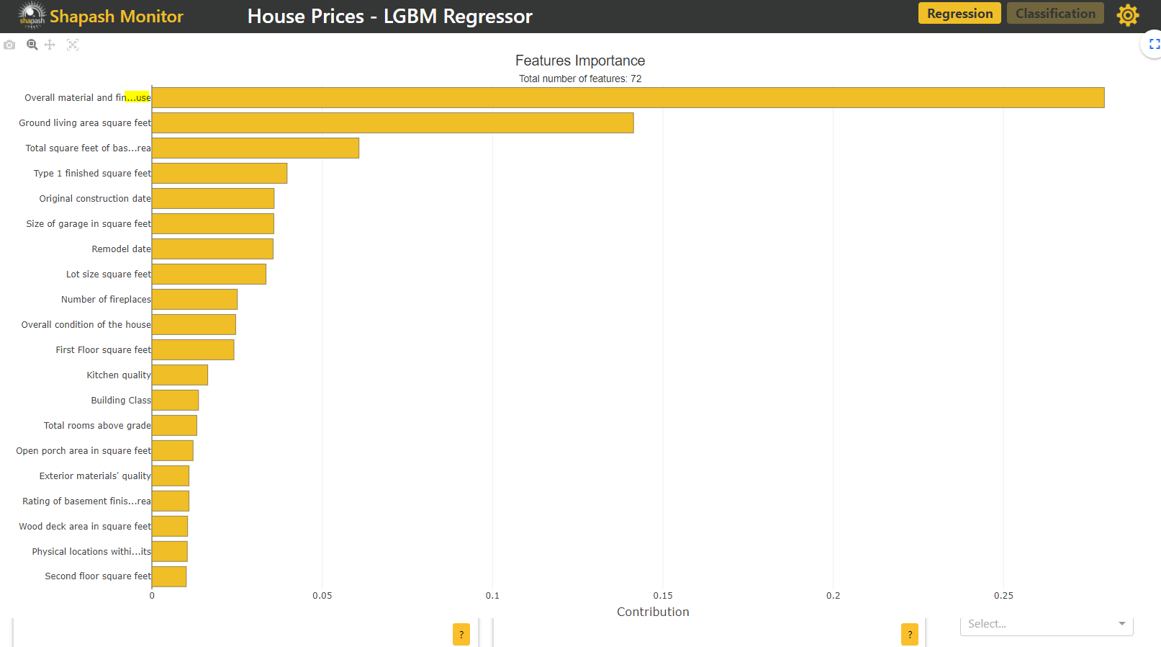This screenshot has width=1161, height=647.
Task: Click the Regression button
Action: pos(959,14)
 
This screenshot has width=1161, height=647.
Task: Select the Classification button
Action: pos(1055,14)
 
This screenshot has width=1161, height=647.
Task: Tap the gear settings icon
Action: pos(1128,15)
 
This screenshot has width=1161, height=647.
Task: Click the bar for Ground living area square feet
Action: pos(392,123)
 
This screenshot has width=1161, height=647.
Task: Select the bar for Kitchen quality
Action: pos(180,375)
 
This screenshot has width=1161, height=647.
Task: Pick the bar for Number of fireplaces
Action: pos(194,300)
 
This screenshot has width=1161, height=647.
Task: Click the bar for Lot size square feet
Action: pos(209,275)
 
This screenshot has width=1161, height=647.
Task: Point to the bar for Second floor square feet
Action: pos(169,576)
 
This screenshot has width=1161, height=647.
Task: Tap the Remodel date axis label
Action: pos(121,249)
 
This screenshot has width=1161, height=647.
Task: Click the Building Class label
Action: pos(121,401)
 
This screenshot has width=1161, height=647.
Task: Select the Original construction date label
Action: pos(95,199)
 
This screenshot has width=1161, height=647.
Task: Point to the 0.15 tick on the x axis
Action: pos(663,596)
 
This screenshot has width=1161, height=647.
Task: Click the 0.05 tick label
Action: pos(322,596)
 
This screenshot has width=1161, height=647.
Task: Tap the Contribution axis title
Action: pos(653,612)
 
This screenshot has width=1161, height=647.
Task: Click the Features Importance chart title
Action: pos(580,61)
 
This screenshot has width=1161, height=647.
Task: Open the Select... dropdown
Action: pos(1046,625)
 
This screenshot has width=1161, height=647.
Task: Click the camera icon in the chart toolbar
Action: pos(9,45)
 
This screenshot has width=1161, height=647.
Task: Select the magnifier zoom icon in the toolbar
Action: pos(32,45)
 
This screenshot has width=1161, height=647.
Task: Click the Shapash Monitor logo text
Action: pos(116,17)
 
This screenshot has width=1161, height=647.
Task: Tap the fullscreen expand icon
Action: pos(1155,45)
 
